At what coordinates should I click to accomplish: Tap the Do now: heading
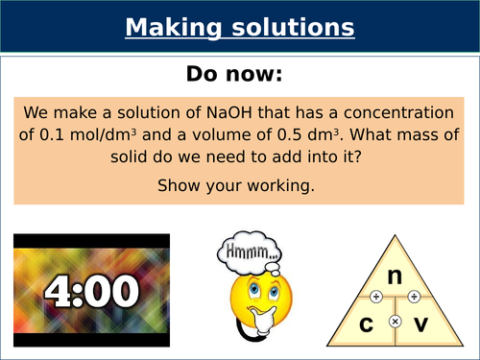[239, 73]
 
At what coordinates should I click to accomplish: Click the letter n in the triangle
[394, 276]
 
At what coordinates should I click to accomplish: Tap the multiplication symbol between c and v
[395, 318]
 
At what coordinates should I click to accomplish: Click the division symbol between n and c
[372, 297]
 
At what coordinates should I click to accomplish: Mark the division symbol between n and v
[415, 297]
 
